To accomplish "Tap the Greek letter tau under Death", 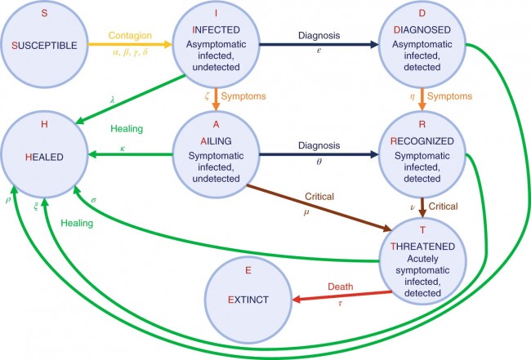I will (340, 303).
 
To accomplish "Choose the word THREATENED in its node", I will (423, 246).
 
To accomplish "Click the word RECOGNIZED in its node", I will (423, 140).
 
